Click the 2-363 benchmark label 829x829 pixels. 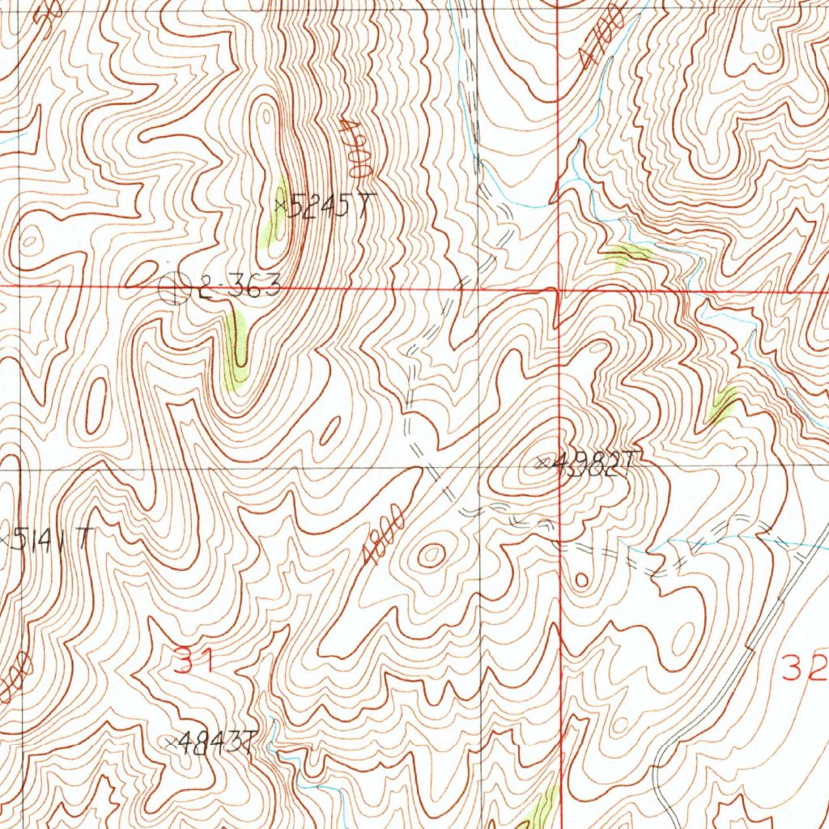coord(239,287)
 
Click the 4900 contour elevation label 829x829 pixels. coord(355,149)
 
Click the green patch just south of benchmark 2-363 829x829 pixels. coord(236,355)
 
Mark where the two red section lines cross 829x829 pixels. coord(559,288)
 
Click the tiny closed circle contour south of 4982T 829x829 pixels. coord(580,580)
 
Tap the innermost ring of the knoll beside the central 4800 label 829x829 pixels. coord(431,555)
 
